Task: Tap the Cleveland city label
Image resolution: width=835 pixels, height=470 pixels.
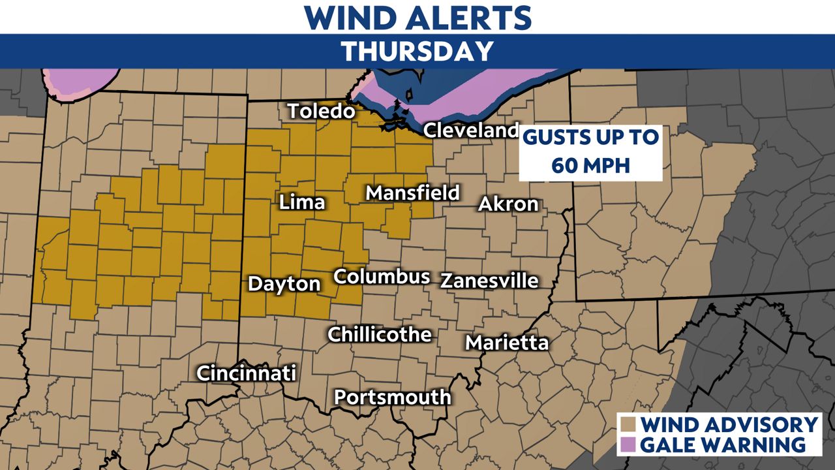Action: click(x=471, y=130)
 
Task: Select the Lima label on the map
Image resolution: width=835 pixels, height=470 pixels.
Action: click(x=302, y=202)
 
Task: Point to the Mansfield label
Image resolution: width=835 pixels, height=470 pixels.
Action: click(x=412, y=193)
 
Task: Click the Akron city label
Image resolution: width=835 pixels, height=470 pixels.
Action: click(x=508, y=204)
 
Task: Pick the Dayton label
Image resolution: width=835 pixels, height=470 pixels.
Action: click(x=284, y=284)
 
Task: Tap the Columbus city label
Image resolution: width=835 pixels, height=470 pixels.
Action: click(x=382, y=276)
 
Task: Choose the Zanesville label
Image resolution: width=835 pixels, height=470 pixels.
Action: click(x=489, y=281)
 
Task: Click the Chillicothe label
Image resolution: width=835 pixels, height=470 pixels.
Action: click(x=380, y=334)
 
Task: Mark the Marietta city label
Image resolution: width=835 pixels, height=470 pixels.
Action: click(x=507, y=342)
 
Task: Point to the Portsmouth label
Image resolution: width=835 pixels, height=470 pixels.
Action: click(x=393, y=396)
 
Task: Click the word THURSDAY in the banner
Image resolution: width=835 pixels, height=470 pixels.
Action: click(x=417, y=51)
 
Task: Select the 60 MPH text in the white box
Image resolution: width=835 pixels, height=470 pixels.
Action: click(x=590, y=165)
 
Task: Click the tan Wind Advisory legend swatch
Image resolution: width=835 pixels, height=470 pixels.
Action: click(x=630, y=424)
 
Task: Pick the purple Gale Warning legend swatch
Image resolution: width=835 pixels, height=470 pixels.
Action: click(x=630, y=445)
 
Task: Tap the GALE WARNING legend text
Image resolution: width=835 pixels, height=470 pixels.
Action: click(x=722, y=445)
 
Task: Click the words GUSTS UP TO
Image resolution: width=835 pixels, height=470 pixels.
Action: click(x=591, y=138)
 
